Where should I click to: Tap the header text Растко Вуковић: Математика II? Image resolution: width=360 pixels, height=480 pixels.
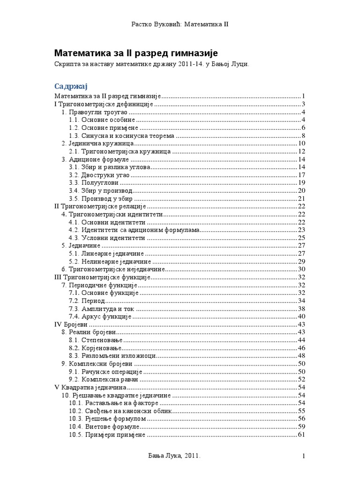(180, 23)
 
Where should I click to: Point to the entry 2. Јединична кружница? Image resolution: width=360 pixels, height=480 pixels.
(99, 143)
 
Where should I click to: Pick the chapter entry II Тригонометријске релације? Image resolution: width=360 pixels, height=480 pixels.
(101, 206)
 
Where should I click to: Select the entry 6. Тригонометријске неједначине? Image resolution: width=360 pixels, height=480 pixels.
(114, 269)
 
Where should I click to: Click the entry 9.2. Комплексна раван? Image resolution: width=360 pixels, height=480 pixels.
(104, 379)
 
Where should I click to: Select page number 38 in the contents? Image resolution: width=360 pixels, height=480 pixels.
(301, 308)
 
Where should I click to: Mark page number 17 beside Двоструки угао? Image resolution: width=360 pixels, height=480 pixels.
(301, 175)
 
